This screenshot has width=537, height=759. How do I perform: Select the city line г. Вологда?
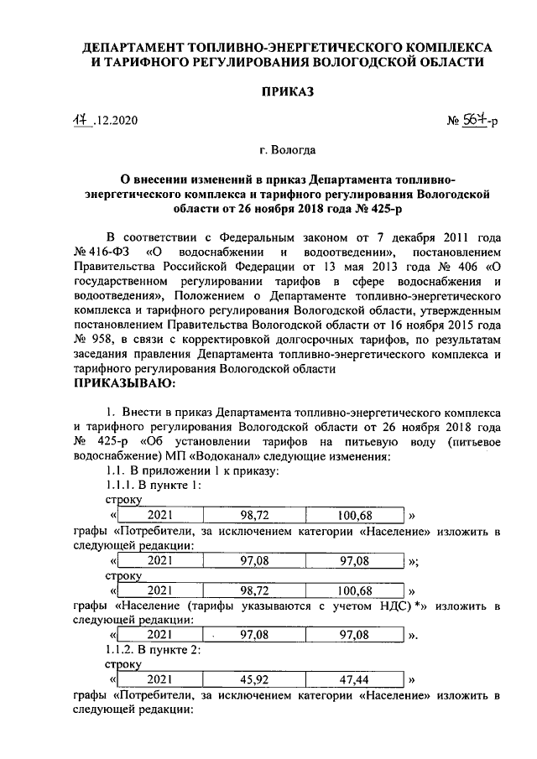click(287, 150)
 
